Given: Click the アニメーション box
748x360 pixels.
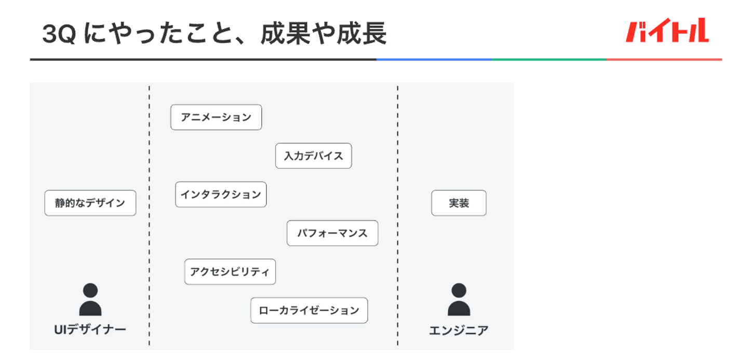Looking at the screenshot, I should [x=216, y=117].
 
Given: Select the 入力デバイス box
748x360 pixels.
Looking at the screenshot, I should [x=313, y=156].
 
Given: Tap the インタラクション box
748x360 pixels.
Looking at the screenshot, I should [x=221, y=195].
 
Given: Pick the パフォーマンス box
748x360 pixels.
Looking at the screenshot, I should [x=332, y=233].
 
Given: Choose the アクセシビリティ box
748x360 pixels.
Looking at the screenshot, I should [x=230, y=272].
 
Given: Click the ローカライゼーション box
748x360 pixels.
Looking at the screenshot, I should [x=309, y=311].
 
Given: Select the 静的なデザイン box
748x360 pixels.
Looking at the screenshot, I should [x=90, y=203].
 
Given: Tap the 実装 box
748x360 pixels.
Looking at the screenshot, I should [x=459, y=203].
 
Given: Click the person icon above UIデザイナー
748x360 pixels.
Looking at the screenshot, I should [x=90, y=300].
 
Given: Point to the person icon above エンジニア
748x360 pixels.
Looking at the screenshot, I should [x=459, y=300].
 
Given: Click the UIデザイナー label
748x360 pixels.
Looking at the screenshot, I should [x=90, y=330].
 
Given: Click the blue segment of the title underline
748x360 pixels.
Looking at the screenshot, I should [x=434, y=59].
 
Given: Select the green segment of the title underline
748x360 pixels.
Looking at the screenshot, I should [x=549, y=59].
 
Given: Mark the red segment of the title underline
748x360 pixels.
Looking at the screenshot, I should [x=664, y=59].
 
